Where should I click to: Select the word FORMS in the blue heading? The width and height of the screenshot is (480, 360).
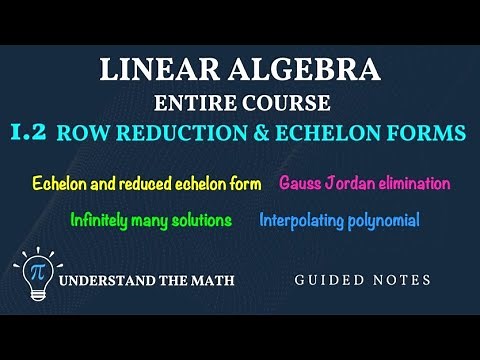[427, 132]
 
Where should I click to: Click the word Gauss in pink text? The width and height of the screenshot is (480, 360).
[301, 184]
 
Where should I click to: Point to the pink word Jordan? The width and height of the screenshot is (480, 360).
[352, 184]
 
